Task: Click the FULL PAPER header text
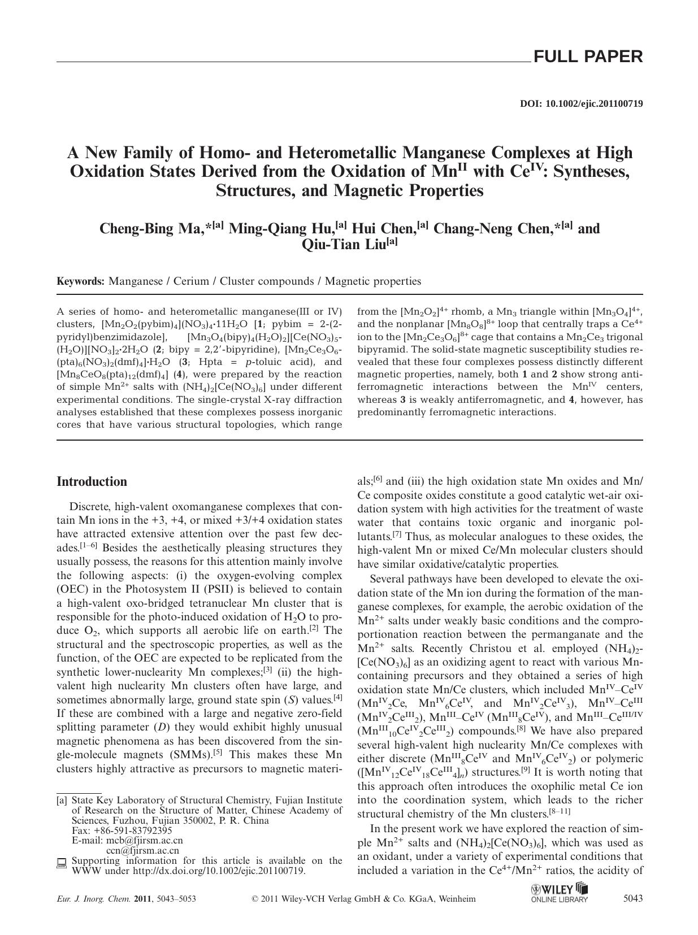588,56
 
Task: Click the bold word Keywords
80,281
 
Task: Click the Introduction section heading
92,482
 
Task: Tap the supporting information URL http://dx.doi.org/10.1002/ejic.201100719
219,871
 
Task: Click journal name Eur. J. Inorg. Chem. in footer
94,899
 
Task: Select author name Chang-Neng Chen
496,229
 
